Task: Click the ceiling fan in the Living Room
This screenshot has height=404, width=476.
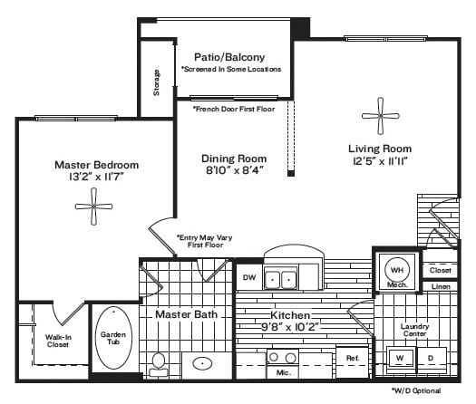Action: pyautogui.click(x=375, y=116)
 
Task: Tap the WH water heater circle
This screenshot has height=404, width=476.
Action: pyautogui.click(x=396, y=269)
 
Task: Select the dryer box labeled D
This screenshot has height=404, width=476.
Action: pyautogui.click(x=432, y=357)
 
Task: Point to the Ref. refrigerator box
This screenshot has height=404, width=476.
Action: pyautogui.click(x=353, y=359)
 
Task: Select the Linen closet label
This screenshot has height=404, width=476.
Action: pyautogui.click(x=440, y=287)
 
